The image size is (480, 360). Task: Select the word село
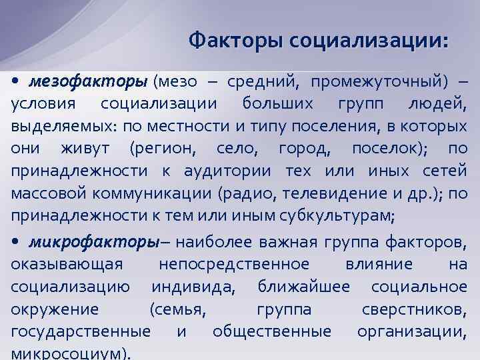[236, 149]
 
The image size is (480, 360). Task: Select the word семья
[177, 309]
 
